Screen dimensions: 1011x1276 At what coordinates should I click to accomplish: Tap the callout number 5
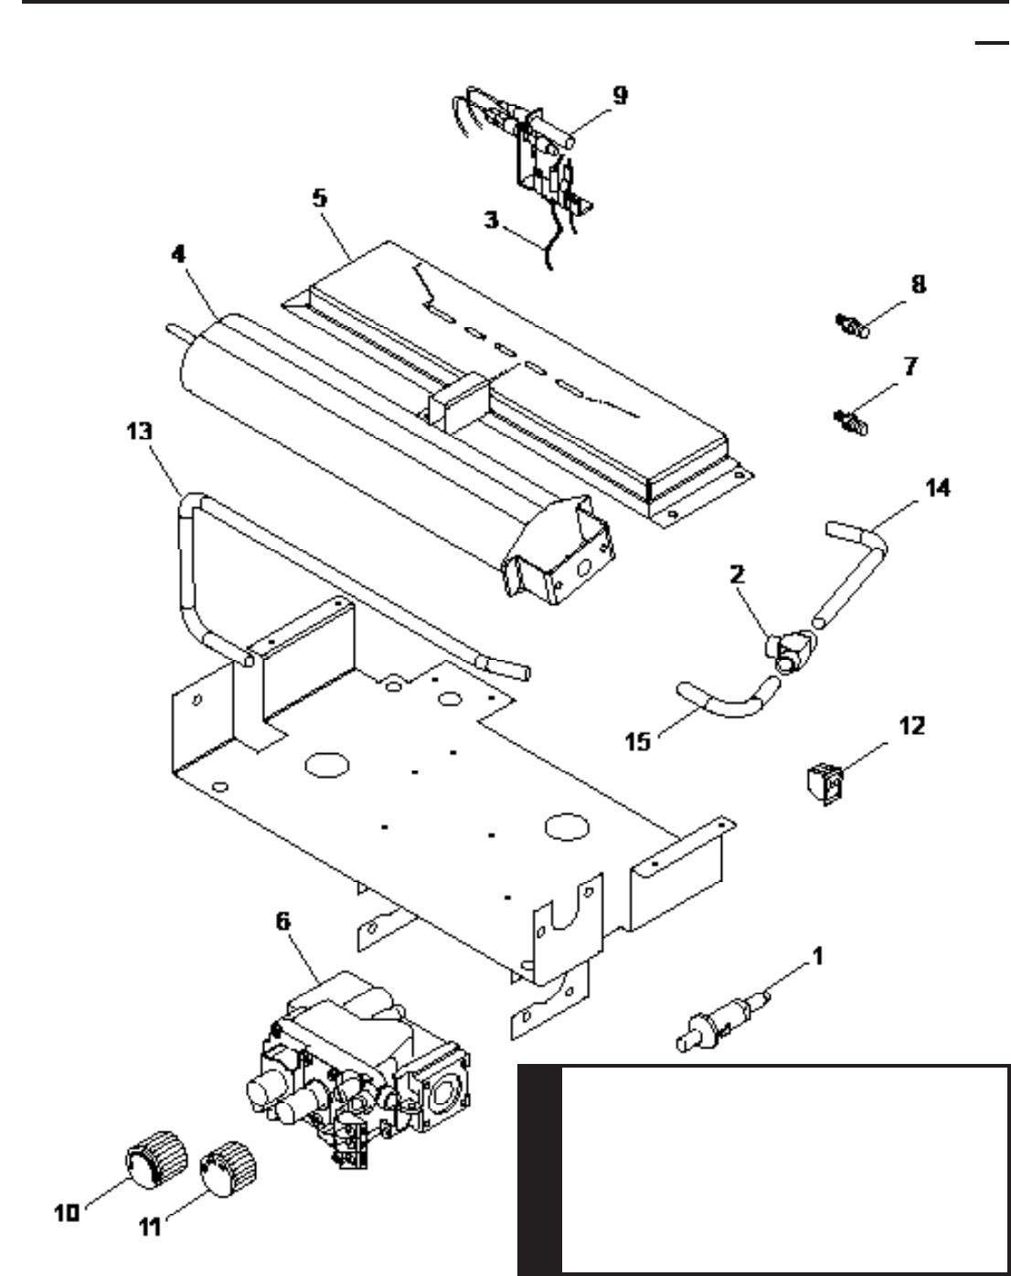click(x=320, y=198)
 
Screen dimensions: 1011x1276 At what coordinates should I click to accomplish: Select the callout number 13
click(x=139, y=431)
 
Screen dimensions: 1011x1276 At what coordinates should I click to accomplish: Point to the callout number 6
click(x=283, y=920)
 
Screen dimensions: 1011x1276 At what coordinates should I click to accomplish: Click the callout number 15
click(x=638, y=742)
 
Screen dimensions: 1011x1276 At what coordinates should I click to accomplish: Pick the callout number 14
click(x=938, y=488)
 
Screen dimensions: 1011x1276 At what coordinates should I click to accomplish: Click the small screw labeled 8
click(x=853, y=325)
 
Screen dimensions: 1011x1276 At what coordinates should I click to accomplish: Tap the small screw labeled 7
click(x=852, y=421)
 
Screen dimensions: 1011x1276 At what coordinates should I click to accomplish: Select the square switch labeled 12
click(x=825, y=784)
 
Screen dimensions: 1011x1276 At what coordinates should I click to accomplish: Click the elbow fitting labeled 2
click(x=790, y=652)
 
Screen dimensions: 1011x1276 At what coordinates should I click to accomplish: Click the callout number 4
click(x=178, y=254)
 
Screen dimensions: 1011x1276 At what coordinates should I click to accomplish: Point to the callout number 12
click(x=912, y=726)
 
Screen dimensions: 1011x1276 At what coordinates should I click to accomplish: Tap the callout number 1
click(x=817, y=956)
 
